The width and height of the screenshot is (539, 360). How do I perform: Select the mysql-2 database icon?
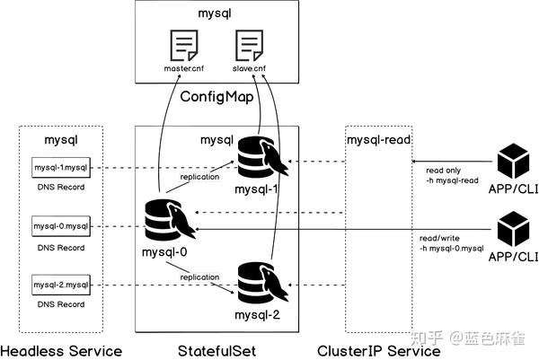click(259, 278)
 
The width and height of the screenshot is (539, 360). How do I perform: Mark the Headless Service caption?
click(61, 348)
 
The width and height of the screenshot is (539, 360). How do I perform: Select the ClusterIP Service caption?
click(379, 348)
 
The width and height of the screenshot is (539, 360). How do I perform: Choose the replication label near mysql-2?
click(200, 277)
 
